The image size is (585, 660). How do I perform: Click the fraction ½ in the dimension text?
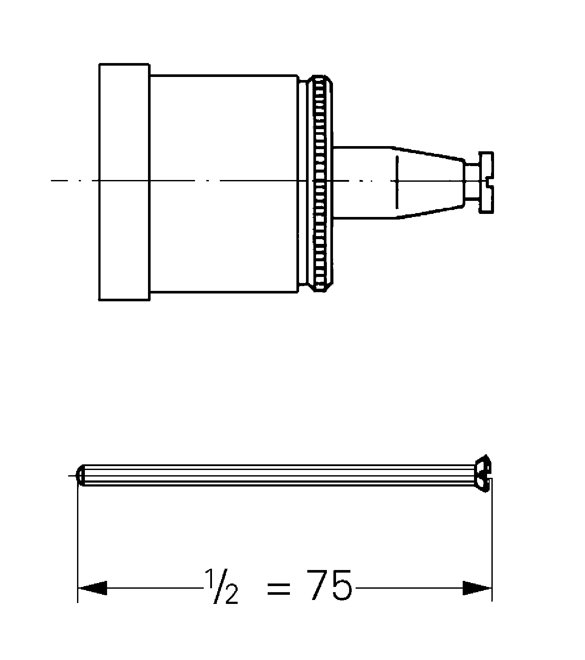point(222,587)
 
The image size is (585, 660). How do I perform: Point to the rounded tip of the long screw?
point(80,475)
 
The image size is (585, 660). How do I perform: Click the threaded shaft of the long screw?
point(279,475)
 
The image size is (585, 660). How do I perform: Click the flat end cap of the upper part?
point(124,183)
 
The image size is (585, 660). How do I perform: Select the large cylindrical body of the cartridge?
point(224,183)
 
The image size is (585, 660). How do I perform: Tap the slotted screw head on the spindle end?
point(486,183)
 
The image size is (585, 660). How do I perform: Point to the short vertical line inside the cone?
point(397,183)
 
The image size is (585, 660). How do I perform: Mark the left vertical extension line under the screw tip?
point(77,543)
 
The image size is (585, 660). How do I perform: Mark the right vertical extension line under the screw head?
point(492,543)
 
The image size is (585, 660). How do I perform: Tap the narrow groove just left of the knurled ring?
point(303,183)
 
